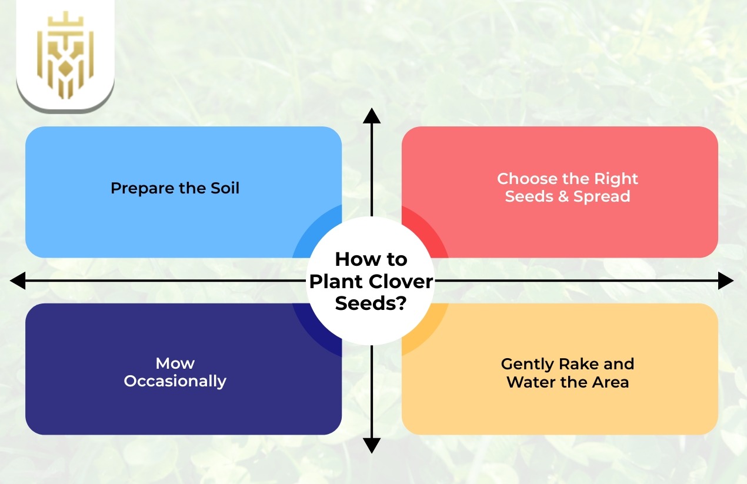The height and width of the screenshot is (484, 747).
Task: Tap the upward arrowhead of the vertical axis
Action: pyautogui.click(x=371, y=116)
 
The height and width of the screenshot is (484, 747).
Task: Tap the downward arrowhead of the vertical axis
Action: pyautogui.click(x=371, y=445)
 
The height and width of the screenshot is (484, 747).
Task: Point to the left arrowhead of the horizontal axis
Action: pyautogui.click(x=18, y=281)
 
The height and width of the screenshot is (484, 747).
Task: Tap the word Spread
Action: pyautogui.click(x=602, y=196)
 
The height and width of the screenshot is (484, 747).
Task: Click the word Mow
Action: pyautogui.click(x=175, y=363)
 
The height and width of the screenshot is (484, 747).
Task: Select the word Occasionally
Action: pyautogui.click(x=175, y=381)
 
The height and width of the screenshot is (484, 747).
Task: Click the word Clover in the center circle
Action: pyautogui.click(x=402, y=281)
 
